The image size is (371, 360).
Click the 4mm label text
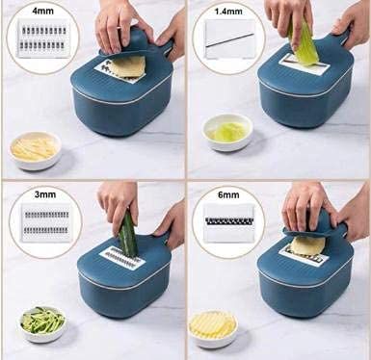pyautogui.click(x=42, y=11)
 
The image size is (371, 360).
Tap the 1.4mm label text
pyautogui.click(x=228, y=12)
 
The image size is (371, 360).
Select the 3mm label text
pyautogui.click(x=45, y=194)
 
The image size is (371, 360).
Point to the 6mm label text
pyautogui.click(x=228, y=194)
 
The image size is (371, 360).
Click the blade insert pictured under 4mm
pyautogui.click(x=44, y=39)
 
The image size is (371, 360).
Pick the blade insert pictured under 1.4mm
pyautogui.click(x=229, y=39)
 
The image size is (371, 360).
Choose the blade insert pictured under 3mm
pyautogui.click(x=46, y=222)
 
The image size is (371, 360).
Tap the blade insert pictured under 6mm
pyautogui.click(x=229, y=222)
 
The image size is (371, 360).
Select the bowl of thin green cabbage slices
pyautogui.click(x=227, y=132)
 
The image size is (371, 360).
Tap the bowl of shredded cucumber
pyautogui.click(x=43, y=323)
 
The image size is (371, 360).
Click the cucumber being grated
pyautogui.click(x=128, y=234)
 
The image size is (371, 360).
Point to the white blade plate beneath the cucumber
pyautogui.click(x=122, y=257)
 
